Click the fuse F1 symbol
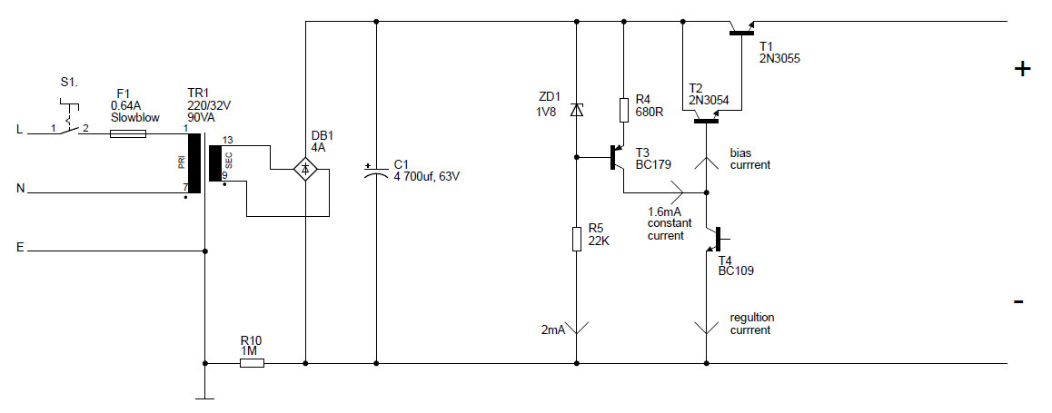point(127,133)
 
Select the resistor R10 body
point(252,363)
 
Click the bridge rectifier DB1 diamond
point(306,168)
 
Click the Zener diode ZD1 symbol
point(576,110)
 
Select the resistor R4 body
point(623,110)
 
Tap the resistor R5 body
point(576,239)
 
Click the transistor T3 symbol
point(618,160)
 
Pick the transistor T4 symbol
point(714,240)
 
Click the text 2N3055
point(779,58)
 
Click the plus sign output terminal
point(1022,69)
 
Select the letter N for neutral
point(20,189)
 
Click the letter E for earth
point(20,246)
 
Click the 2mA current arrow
point(576,328)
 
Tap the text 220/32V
point(210,105)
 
